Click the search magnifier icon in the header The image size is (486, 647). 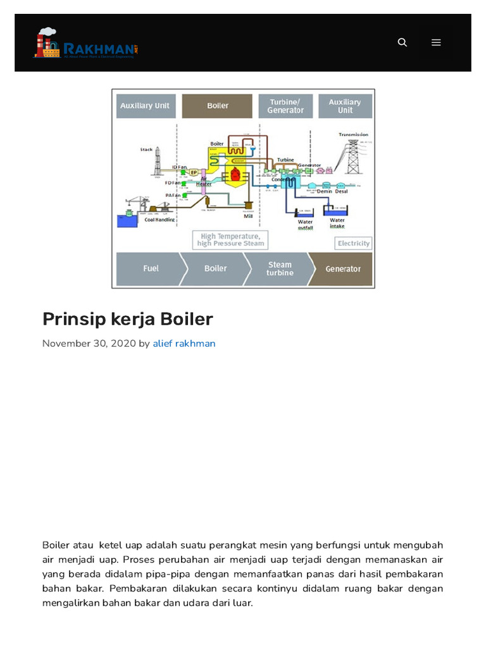(x=402, y=42)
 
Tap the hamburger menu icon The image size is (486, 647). (x=436, y=42)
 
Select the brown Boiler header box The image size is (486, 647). (x=218, y=106)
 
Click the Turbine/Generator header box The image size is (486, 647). (x=285, y=106)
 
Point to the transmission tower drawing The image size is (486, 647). (x=353, y=155)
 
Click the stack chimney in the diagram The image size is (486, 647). (x=157, y=162)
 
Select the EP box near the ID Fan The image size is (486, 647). (x=194, y=172)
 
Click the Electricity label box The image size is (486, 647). (x=353, y=243)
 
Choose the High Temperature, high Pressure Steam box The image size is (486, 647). (x=230, y=240)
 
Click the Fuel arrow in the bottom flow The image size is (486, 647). (x=151, y=269)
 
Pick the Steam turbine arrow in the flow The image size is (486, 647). (x=279, y=269)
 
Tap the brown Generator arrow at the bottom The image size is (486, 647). (x=342, y=269)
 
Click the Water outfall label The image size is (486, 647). (x=305, y=225)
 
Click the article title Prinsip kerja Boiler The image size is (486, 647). (x=127, y=319)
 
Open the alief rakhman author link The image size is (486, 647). (x=184, y=344)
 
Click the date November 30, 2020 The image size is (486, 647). (x=89, y=344)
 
